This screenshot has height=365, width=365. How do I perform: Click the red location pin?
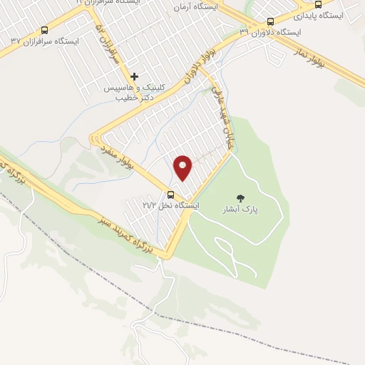183,168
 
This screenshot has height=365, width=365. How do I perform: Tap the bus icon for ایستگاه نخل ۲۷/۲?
170,195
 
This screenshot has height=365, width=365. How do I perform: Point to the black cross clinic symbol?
134,76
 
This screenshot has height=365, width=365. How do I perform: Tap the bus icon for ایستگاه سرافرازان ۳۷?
45,31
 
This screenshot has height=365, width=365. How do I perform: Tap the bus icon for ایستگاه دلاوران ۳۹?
269,22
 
